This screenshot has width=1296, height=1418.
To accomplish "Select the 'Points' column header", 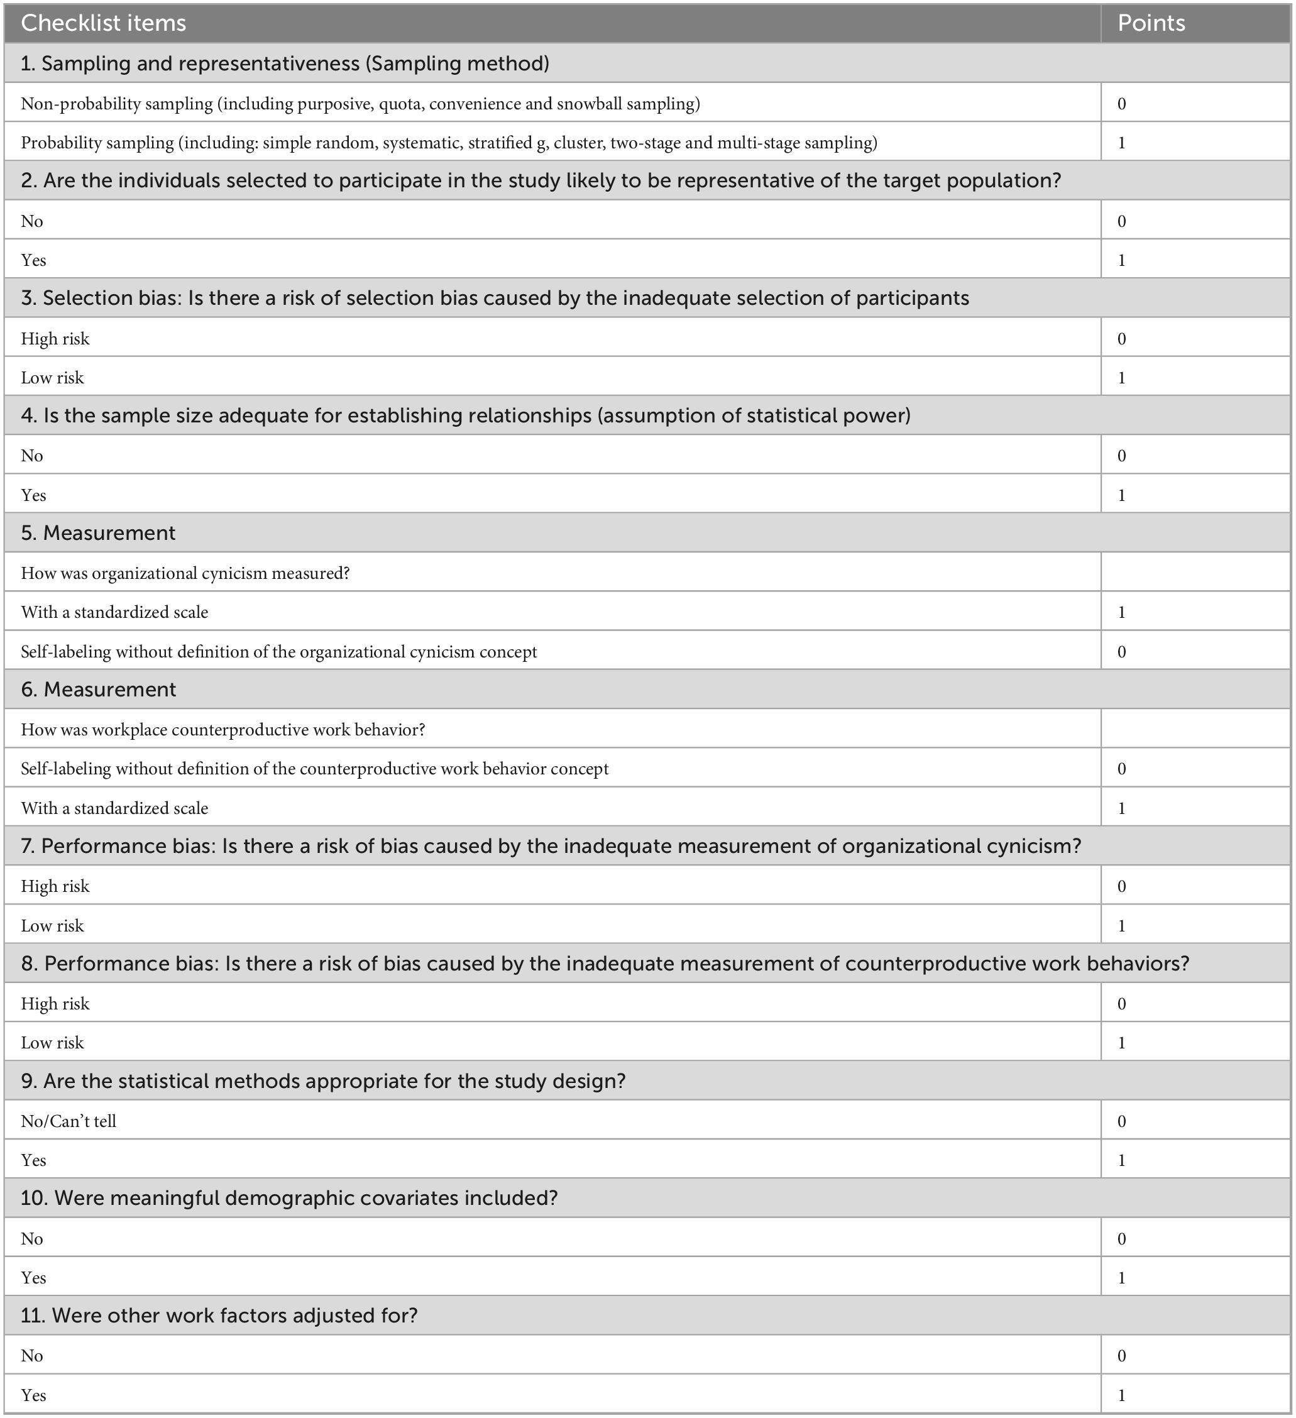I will pyautogui.click(x=1151, y=23).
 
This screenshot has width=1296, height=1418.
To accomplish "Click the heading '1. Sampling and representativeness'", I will pyautogui.click(x=285, y=63).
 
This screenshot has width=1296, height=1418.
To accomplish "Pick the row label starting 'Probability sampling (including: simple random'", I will pyautogui.click(x=449, y=143).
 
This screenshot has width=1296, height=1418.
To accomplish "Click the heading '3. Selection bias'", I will pyautogui.click(x=495, y=298).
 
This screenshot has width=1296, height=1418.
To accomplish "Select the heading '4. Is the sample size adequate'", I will pyautogui.click(x=466, y=415).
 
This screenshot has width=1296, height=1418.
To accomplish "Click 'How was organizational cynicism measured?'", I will pyautogui.click(x=185, y=573).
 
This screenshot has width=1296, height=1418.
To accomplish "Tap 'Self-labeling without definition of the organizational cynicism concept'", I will pyautogui.click(x=278, y=652).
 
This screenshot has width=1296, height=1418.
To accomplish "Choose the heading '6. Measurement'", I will pyautogui.click(x=99, y=690).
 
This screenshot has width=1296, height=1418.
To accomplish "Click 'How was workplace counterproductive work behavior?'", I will pyautogui.click(x=223, y=729).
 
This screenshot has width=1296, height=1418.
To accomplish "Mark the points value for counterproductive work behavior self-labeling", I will pyautogui.click(x=1122, y=769).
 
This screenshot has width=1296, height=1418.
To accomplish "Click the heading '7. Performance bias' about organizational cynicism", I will pyautogui.click(x=551, y=846).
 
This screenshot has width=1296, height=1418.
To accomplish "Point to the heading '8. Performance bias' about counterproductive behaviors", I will pyautogui.click(x=605, y=964).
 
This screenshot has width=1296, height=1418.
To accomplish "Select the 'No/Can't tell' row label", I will pyautogui.click(x=69, y=1121).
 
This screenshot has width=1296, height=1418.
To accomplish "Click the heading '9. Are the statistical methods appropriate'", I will pyautogui.click(x=323, y=1081).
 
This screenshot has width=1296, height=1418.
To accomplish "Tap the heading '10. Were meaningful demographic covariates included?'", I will pyautogui.click(x=289, y=1199).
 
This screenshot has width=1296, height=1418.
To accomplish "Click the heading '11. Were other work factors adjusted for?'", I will pyautogui.click(x=219, y=1316).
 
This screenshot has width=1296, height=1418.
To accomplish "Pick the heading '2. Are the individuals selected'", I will pyautogui.click(x=540, y=181).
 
